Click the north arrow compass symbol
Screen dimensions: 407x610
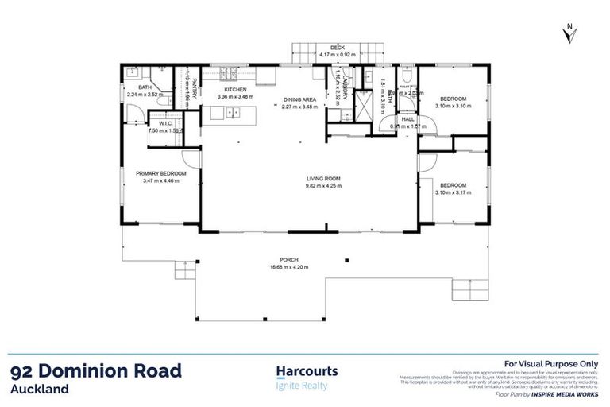[x=569, y=33]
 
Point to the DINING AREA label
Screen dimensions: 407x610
[x=300, y=99]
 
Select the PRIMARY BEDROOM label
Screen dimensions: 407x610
[x=160, y=173]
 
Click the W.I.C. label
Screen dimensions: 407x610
[x=167, y=123]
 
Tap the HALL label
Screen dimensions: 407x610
[x=408, y=119]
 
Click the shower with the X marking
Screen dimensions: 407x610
[x=362, y=105]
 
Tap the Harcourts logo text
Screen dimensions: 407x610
[x=307, y=371]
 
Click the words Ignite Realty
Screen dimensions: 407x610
[x=301, y=386]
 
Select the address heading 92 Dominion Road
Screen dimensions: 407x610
[x=96, y=371]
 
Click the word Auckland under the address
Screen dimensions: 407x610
[x=40, y=390]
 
